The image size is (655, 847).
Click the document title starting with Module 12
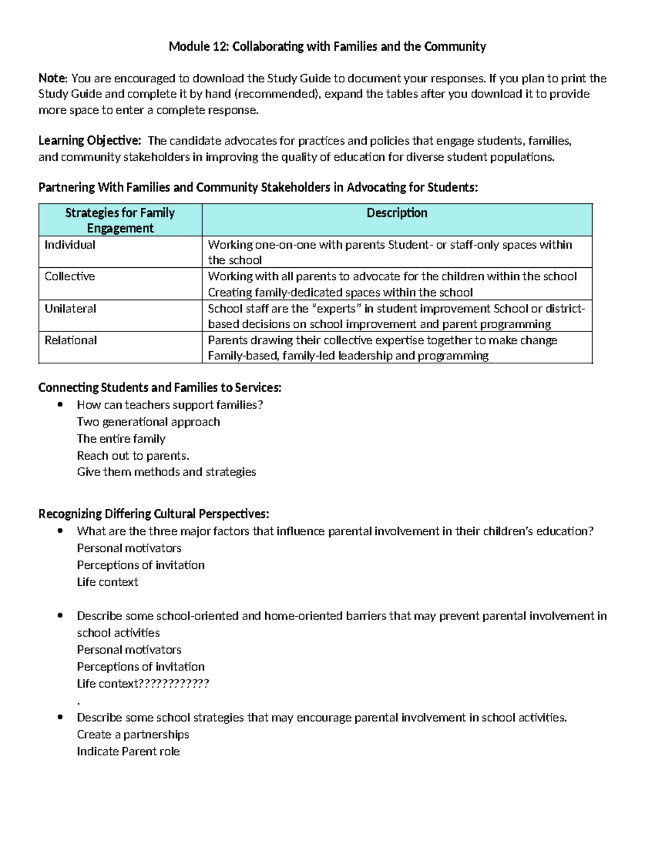tap(327, 46)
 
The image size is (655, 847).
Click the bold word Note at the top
tap(52, 78)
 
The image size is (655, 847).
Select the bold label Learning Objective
tap(90, 141)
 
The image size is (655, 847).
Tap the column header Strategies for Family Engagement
tap(120, 220)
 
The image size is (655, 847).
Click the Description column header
tap(397, 213)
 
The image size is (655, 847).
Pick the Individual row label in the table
tap(70, 245)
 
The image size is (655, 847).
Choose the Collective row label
tap(70, 277)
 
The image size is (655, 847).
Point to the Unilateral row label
tap(70, 309)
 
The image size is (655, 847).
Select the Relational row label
tap(71, 340)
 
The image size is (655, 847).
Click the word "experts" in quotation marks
tap(336, 309)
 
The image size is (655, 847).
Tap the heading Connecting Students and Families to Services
tap(160, 388)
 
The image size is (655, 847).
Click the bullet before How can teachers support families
tap(61, 405)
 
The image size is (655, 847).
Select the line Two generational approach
tap(148, 422)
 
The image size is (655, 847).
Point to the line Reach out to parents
tap(133, 455)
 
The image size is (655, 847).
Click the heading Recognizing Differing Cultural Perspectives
tap(153, 514)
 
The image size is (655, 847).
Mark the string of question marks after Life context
tap(174, 684)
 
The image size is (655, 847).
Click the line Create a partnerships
tap(133, 735)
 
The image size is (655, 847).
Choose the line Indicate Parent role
tap(128, 752)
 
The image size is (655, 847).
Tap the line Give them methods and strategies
tap(166, 472)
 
